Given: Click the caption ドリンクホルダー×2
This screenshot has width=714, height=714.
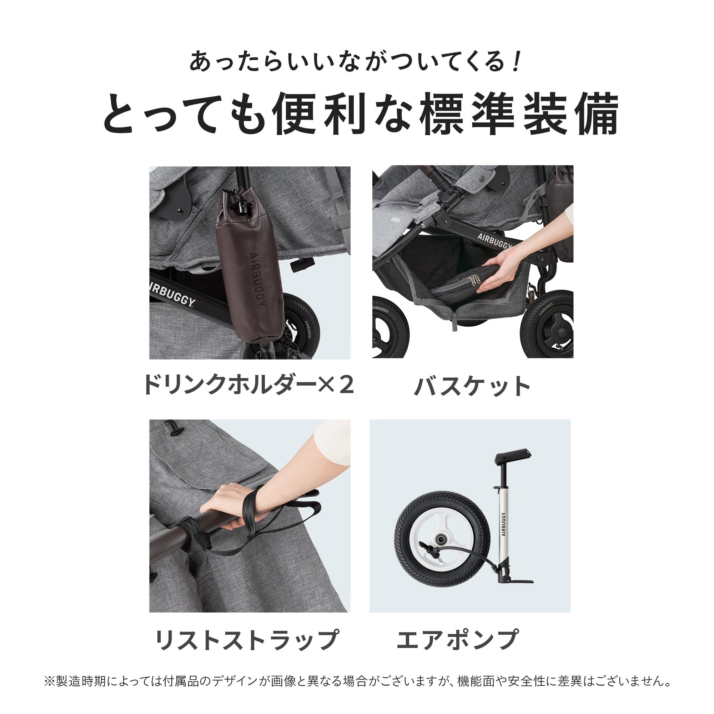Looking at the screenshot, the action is pyautogui.click(x=248, y=385).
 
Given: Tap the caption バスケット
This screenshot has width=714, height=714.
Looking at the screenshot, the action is pyautogui.click(x=472, y=386).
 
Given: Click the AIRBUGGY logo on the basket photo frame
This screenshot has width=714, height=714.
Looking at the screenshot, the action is pyautogui.click(x=494, y=240).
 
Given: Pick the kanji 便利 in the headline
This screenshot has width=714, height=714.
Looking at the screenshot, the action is pyautogui.click(x=318, y=114).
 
